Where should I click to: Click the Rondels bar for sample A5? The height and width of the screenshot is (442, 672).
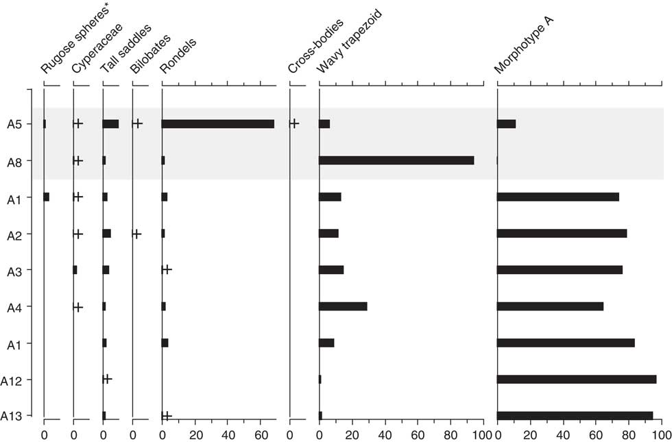point(218,124)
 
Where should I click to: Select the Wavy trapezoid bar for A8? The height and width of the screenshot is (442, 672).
point(396,160)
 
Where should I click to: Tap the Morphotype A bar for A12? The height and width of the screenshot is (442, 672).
point(576,379)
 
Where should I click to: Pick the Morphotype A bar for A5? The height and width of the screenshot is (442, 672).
point(506,124)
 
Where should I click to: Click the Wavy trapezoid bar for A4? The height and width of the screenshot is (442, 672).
point(343,306)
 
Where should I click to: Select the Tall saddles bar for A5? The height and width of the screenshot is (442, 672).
point(110,124)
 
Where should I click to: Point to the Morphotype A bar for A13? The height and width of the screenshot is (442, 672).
point(575,415)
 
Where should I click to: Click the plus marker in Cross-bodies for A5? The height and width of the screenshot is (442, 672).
point(294,123)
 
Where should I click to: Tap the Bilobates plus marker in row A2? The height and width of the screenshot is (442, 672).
point(136,234)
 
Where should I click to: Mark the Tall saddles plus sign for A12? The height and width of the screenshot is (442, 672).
point(107,378)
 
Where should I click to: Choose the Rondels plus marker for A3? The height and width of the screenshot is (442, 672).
point(167,269)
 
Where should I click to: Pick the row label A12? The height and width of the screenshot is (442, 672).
point(13,380)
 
